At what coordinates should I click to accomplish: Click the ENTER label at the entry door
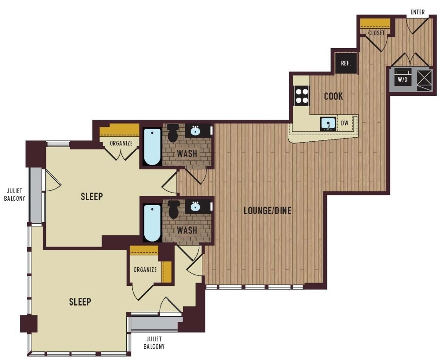(x=417, y=12)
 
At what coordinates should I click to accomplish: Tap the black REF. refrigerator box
(x=346, y=63)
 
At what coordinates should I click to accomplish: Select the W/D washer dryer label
(x=402, y=80)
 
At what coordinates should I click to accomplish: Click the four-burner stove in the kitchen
(x=302, y=96)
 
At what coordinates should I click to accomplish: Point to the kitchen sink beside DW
(x=328, y=123)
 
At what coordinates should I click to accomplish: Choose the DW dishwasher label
(x=344, y=123)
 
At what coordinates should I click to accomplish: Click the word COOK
(x=333, y=96)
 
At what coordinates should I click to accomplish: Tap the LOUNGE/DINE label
(x=268, y=211)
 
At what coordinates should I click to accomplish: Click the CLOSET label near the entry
(x=376, y=33)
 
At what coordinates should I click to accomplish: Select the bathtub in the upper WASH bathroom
(x=152, y=147)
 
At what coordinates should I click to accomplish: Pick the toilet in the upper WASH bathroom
(x=173, y=133)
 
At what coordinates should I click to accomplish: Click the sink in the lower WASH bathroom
(x=196, y=206)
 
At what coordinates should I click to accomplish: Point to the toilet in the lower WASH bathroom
(x=173, y=209)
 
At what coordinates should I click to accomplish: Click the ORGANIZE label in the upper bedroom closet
(x=121, y=143)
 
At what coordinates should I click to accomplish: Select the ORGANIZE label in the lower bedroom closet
(x=145, y=270)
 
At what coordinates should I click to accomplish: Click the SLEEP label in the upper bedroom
(x=92, y=197)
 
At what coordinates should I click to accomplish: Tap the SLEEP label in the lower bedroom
(x=80, y=302)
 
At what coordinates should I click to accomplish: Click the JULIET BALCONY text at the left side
(x=14, y=194)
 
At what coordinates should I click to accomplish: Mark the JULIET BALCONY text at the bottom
(x=154, y=342)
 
